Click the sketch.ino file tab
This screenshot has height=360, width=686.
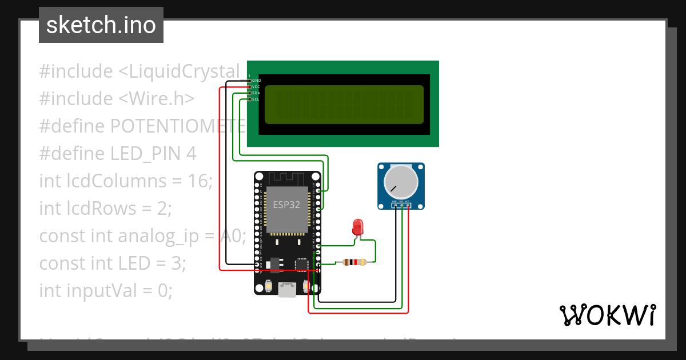[x=101, y=25]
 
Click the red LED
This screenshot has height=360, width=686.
[x=358, y=226]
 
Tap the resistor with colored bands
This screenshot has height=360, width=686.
[x=354, y=262]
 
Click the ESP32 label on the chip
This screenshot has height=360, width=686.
[x=286, y=205]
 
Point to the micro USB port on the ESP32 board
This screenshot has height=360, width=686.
[x=288, y=290]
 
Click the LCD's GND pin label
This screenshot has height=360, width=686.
[x=256, y=81]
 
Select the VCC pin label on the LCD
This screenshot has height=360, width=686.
[x=256, y=87]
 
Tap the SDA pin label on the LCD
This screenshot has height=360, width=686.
[x=256, y=93]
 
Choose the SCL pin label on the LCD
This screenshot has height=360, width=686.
[x=256, y=99]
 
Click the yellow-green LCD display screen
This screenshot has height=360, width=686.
[x=344, y=105]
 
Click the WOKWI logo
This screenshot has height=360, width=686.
[x=607, y=315]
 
